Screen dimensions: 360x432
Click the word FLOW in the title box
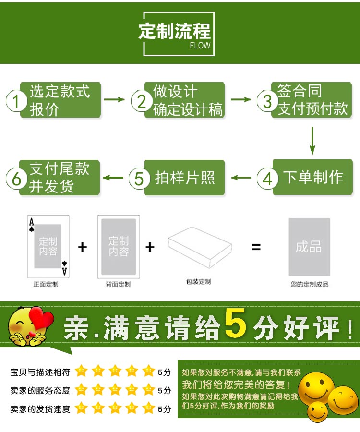coord(200,45)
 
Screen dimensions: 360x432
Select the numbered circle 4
coord(267,179)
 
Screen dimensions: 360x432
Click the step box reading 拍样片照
coord(184,178)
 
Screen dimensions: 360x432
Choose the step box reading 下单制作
coord(312,177)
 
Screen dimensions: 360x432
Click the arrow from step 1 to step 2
coord(114,99)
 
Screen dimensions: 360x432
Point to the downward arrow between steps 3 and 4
coord(312,141)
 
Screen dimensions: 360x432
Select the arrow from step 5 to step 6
coord(113,178)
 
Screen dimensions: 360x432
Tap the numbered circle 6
coord(16,179)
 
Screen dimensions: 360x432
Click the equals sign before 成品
coord(256,247)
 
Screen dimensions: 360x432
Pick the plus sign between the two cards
coord(83,247)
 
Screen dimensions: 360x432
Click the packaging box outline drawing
coord(200,247)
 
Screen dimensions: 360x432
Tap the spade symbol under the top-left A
coord(32,228)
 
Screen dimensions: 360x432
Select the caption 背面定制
coord(118,284)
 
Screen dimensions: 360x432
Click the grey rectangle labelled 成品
coord(309,247)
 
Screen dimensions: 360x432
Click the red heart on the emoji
coord(41,319)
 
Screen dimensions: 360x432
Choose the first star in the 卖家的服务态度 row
coord(81,390)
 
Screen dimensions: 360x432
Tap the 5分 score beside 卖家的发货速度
coord(165,409)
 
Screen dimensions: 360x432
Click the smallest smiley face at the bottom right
coord(318,412)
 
